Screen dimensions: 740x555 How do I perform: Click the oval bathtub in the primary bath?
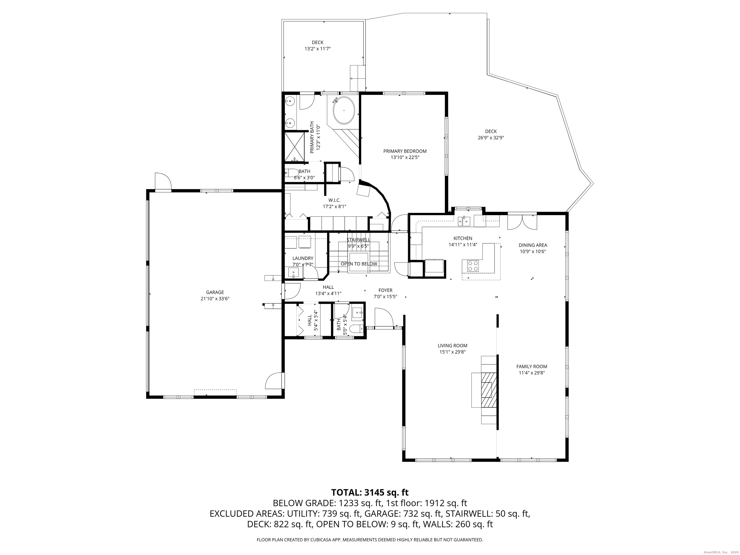[x=344, y=110]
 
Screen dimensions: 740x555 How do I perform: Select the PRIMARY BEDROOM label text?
[x=405, y=151]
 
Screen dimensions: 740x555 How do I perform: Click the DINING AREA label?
[x=533, y=245]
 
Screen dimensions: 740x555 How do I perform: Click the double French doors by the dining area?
[x=522, y=222]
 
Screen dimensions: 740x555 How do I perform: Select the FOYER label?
[x=385, y=290]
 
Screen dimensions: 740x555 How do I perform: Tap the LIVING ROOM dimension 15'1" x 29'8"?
[x=453, y=352]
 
